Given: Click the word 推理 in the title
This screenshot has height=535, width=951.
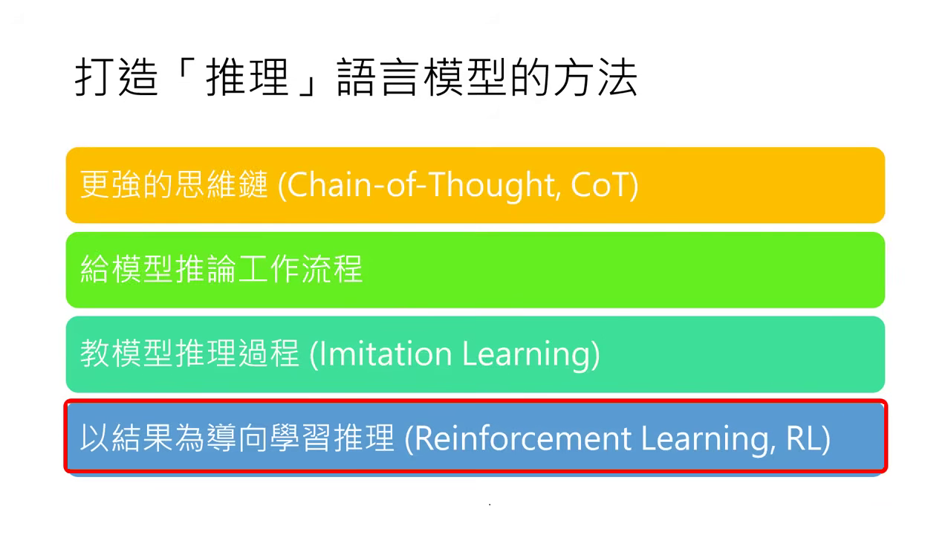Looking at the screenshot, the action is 248,78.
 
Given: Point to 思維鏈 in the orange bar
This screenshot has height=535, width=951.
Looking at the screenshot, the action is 221,185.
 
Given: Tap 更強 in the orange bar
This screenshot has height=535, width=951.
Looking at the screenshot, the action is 111,185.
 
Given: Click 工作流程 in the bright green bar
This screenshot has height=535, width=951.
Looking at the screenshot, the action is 300,269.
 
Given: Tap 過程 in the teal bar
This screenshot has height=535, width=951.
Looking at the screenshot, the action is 269,353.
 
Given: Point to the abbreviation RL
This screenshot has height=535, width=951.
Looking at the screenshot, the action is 802,438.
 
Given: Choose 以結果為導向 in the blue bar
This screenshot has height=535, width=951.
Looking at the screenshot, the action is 175,438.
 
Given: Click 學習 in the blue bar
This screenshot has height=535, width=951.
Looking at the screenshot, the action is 300,438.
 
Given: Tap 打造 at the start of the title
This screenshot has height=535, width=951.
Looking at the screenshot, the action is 117,78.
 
